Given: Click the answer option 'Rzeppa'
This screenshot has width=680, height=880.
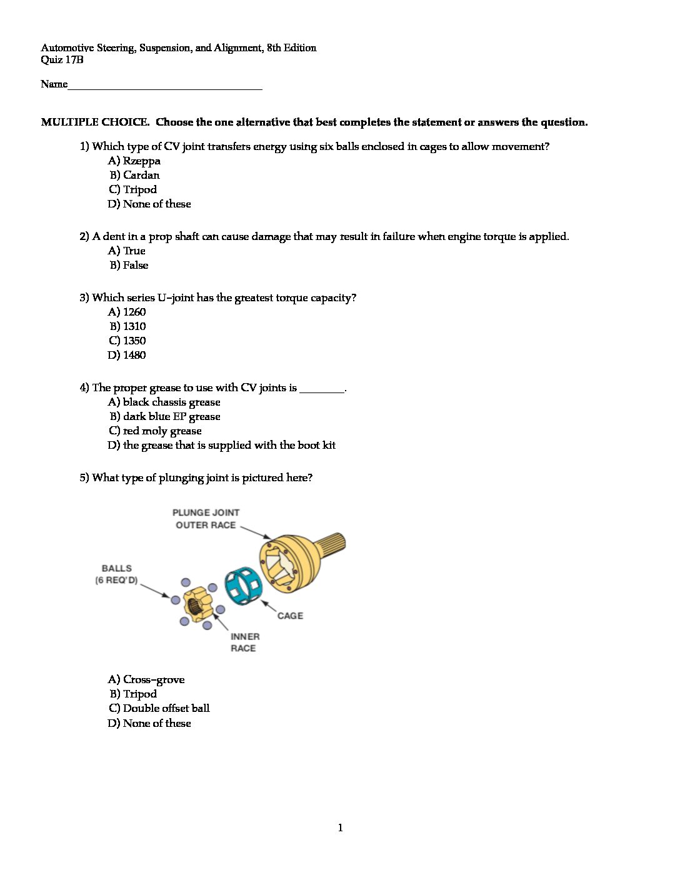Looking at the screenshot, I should coord(134,161).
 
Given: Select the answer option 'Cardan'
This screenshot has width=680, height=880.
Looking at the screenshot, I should coord(135,176).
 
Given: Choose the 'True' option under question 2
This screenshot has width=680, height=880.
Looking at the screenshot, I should coord(127,251).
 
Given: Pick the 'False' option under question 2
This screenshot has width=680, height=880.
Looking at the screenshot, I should coord(129,266).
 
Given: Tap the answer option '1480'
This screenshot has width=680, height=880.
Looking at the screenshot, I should coord(127,356).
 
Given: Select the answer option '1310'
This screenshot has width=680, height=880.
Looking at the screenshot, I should coord(128,327).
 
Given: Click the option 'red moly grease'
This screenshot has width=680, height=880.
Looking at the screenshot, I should coord(155,431).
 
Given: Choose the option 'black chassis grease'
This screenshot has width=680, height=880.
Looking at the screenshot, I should coord(164,402).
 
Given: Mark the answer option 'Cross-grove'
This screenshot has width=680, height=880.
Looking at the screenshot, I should coord(146,680).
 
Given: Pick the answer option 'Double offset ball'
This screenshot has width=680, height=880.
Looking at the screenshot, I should coord(159,709).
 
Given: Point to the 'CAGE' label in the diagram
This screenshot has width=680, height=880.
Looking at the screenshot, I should coord(290,616).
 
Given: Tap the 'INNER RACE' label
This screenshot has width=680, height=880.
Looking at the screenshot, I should coord(244,642).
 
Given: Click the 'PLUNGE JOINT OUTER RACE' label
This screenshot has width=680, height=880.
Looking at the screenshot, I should coord(206,519).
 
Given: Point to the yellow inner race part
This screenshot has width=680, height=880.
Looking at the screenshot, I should coord(198,604).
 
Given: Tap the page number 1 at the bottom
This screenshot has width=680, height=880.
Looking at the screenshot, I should coord(340,828).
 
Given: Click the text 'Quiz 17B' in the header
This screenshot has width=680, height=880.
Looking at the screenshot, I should coord(62,60).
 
